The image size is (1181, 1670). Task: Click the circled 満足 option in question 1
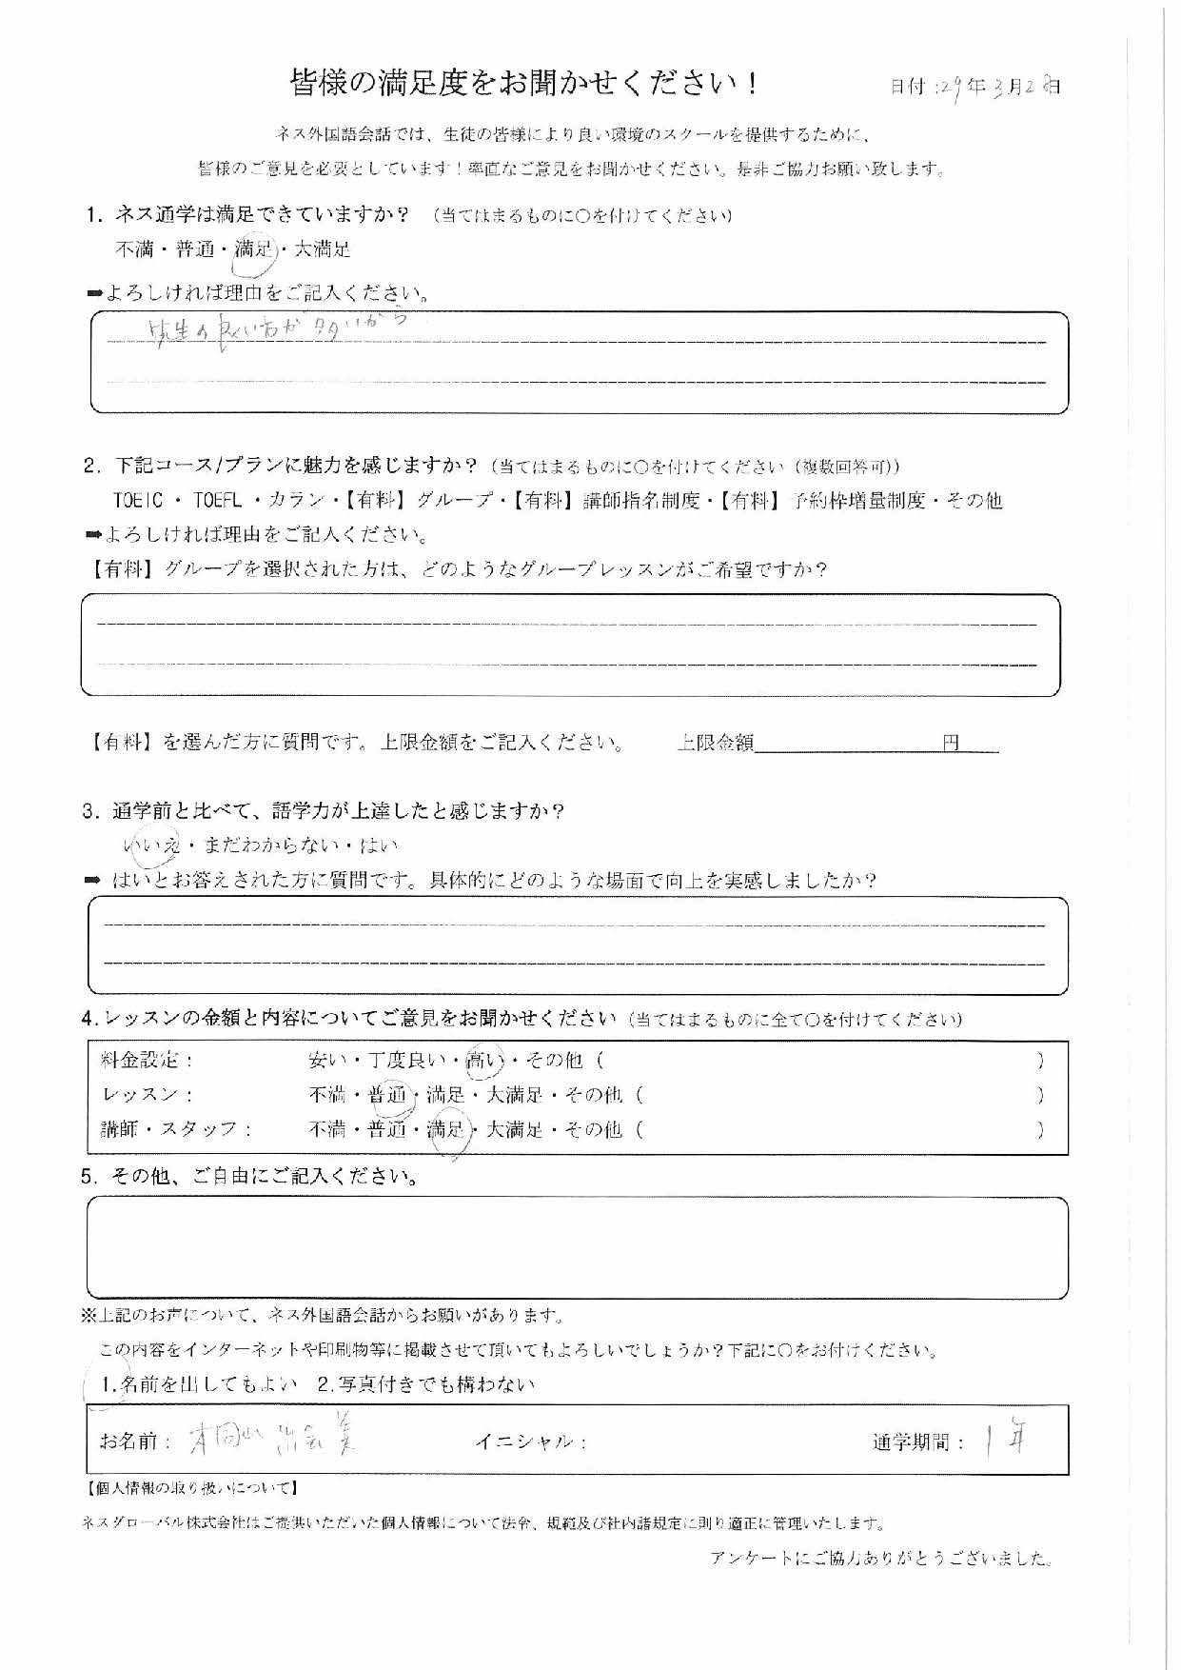[x=254, y=250]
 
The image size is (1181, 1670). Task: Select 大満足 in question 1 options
[x=323, y=250]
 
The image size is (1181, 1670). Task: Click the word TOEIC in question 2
[x=138, y=501]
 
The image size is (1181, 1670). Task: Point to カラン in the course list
[x=298, y=501]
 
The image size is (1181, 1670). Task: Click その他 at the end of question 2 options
[x=974, y=501]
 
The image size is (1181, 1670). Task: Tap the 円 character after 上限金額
[x=951, y=743]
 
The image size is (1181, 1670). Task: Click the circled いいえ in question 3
[x=151, y=845]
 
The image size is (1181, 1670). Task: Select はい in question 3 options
[x=380, y=845]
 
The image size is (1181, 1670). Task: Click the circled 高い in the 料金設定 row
[x=482, y=1060]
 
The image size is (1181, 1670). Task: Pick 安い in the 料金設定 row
[x=328, y=1060]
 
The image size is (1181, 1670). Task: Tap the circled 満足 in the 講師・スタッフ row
[x=446, y=1130]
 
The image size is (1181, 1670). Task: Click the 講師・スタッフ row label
[x=177, y=1130]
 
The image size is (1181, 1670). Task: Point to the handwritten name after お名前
[x=272, y=1441]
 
